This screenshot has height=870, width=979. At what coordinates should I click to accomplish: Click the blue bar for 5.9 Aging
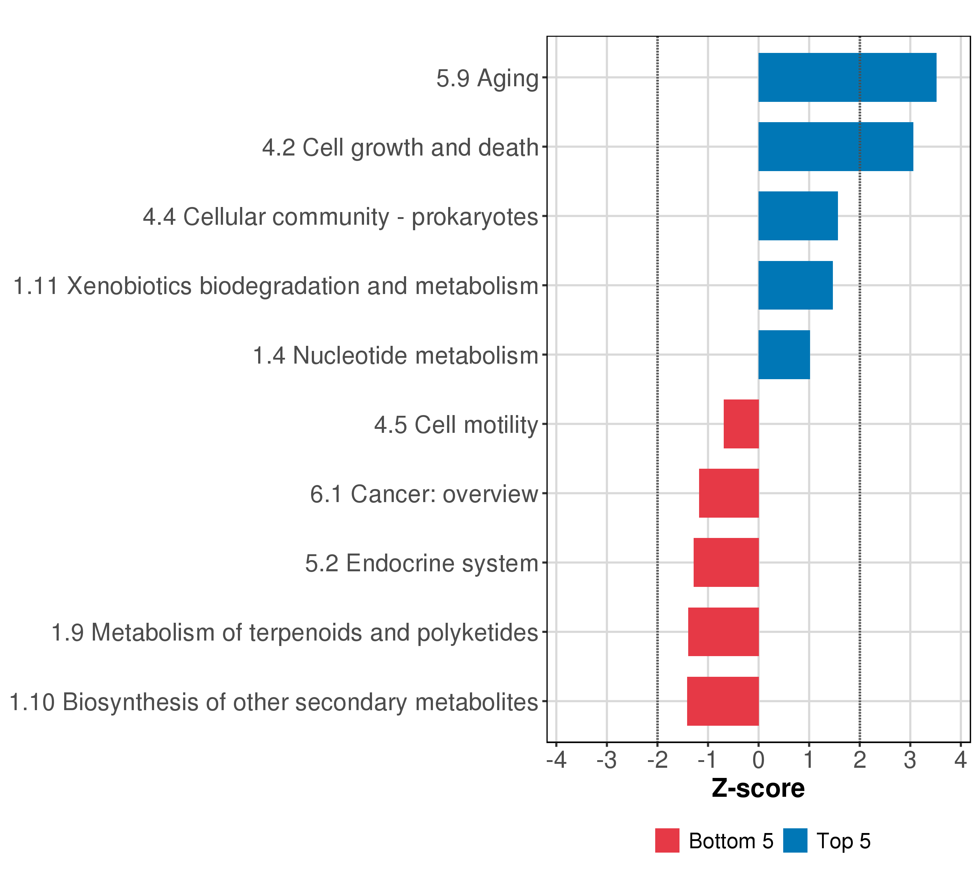(847, 77)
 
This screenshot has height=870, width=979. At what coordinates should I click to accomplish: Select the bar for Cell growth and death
(835, 146)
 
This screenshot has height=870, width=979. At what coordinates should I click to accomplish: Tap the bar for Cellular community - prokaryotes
(798, 216)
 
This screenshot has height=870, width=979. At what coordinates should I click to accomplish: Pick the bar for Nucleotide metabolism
(784, 355)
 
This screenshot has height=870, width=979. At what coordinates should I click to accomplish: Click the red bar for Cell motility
(741, 424)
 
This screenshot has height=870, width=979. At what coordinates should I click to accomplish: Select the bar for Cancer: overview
(728, 493)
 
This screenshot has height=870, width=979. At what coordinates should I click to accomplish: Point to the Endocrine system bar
(726, 562)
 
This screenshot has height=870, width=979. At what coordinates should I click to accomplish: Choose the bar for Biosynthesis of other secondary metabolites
(723, 701)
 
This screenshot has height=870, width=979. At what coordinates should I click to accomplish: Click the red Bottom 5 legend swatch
(667, 840)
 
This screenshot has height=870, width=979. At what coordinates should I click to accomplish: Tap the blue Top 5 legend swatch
(795, 840)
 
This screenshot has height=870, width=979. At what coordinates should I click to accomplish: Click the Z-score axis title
(758, 788)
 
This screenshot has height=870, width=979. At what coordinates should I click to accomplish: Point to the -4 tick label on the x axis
(556, 760)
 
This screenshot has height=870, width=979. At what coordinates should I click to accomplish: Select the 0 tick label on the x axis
(758, 760)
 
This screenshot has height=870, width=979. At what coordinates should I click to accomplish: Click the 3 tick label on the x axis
(910, 760)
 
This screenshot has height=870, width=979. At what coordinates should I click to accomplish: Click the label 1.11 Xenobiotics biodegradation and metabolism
(276, 286)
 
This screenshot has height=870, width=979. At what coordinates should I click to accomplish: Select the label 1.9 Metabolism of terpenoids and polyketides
(294, 633)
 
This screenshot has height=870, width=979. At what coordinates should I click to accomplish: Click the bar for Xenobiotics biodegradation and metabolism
(795, 285)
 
